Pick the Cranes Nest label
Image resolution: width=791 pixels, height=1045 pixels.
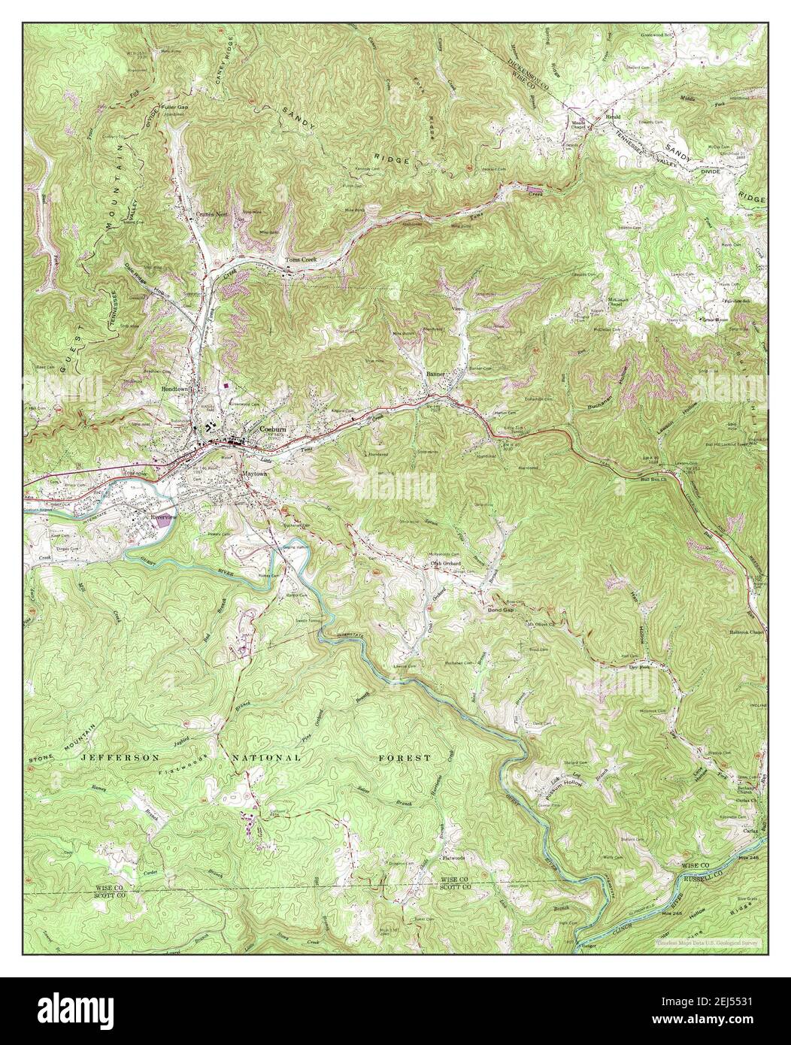coord(211,214)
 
